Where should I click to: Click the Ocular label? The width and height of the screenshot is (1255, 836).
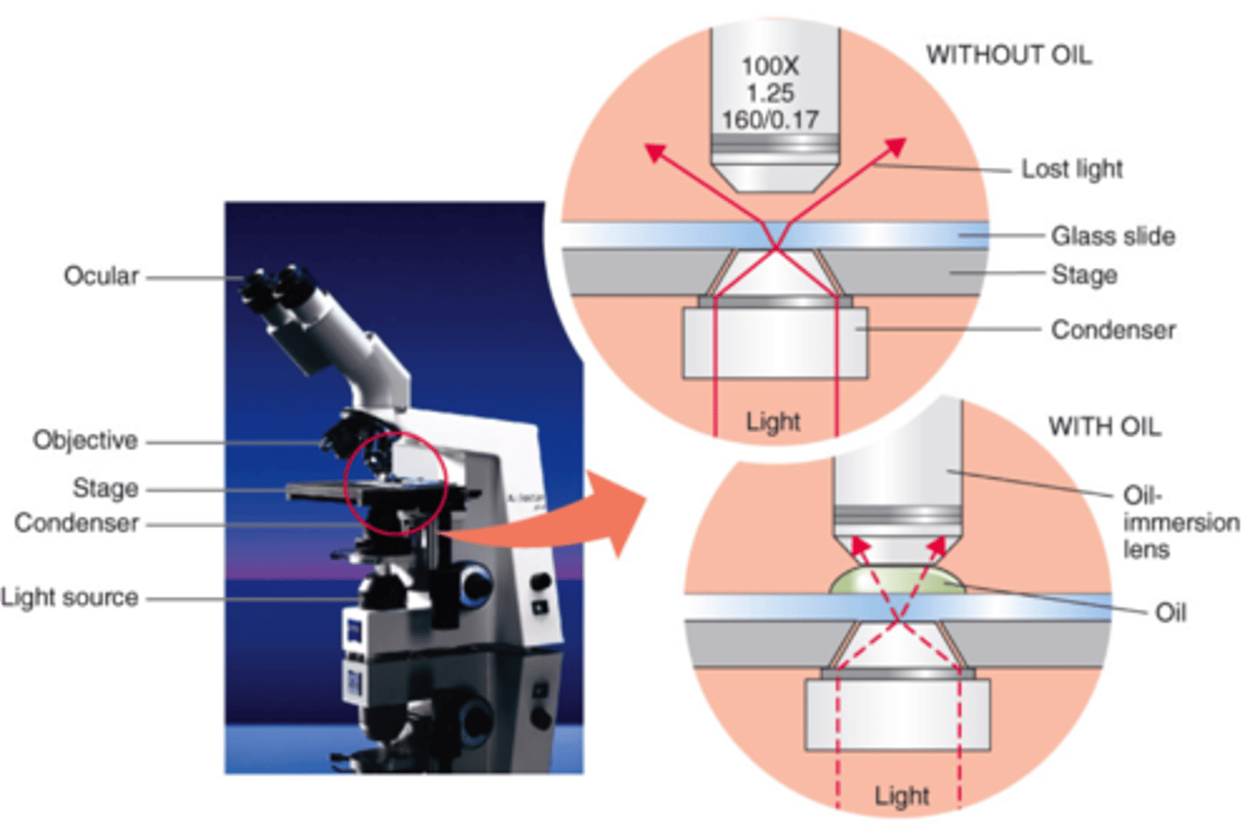(101, 275)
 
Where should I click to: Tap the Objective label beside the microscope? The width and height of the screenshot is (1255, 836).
(85, 440)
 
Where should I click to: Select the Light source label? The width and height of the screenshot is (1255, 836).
(70, 597)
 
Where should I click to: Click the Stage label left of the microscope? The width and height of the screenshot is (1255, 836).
(105, 488)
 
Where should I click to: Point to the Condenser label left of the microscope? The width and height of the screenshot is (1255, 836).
(77, 523)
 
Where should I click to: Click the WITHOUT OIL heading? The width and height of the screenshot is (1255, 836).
(1008, 55)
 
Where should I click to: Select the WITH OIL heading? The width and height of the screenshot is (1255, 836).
(1104, 426)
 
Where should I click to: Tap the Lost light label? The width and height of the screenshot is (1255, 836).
(1072, 168)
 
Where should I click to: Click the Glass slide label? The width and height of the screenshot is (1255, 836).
(1113, 235)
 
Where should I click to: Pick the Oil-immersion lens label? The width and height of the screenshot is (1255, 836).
(1179, 522)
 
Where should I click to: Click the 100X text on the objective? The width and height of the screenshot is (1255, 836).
(770, 66)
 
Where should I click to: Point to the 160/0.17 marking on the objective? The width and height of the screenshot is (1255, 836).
(770, 119)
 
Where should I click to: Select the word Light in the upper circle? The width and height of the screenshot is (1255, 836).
(773, 422)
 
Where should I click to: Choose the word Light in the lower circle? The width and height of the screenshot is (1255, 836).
(902, 796)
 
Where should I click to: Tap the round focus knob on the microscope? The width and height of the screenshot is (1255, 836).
(476, 582)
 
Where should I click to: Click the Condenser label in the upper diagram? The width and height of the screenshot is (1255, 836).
(1113, 330)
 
